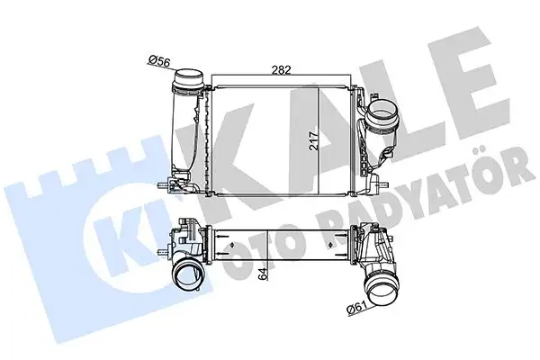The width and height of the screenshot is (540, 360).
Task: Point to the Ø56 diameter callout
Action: [x=160, y=60]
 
